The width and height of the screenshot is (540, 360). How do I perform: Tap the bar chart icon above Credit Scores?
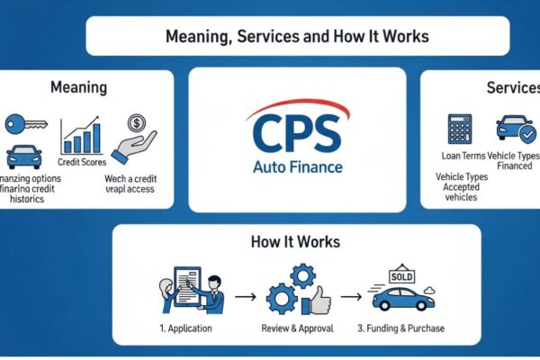click(80, 136)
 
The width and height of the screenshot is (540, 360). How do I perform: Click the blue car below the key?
click(24, 157)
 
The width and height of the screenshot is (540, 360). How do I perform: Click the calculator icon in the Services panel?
click(460, 127)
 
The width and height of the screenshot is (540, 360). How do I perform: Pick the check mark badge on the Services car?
click(528, 133)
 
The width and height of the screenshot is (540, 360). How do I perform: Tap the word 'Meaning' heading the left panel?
click(79, 88)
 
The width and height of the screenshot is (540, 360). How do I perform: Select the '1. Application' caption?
click(184, 328)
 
